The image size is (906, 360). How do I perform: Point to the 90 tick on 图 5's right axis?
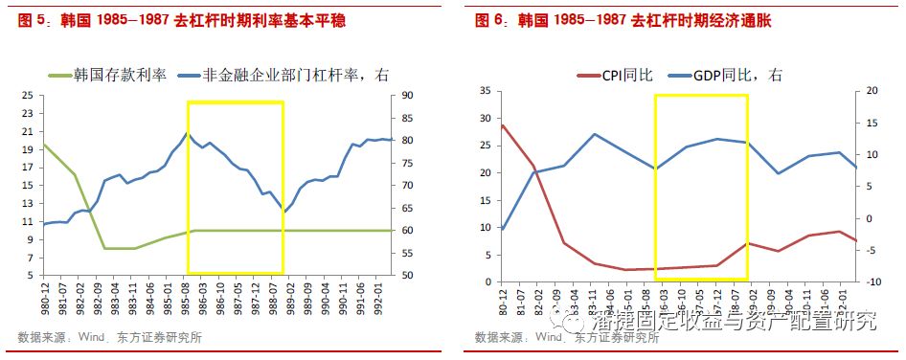pos(406,96)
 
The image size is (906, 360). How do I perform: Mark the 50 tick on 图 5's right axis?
pos(406,276)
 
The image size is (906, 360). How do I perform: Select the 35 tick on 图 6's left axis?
pos(485,91)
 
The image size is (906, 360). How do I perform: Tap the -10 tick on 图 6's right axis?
pos(867,281)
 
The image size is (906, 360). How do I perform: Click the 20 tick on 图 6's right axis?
pos(866,91)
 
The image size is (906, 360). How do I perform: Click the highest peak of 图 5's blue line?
pos(187,133)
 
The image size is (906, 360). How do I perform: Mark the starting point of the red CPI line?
pos(502,124)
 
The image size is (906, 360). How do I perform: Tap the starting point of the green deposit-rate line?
pos(43,145)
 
